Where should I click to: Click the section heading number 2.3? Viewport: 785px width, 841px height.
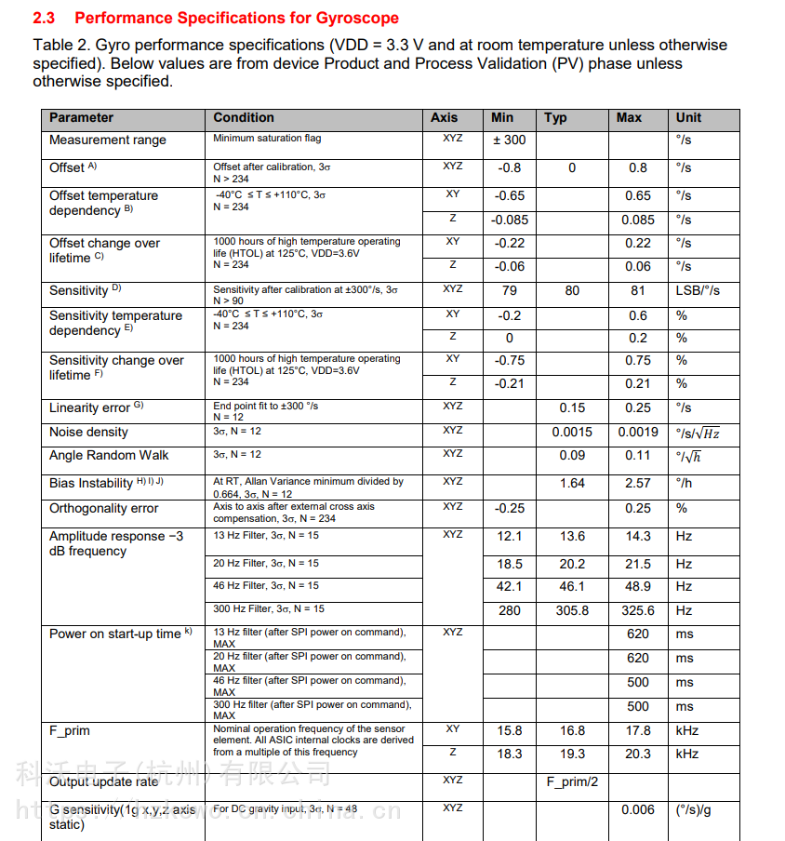click(45, 18)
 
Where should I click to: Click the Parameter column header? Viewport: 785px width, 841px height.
click(81, 118)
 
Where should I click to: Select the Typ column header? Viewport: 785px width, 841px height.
click(555, 118)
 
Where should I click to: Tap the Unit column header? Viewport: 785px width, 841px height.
click(688, 118)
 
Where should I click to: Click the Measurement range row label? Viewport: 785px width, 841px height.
click(107, 140)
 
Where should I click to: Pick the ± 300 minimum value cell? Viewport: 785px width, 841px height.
click(509, 140)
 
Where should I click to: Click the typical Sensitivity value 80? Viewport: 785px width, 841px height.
click(572, 291)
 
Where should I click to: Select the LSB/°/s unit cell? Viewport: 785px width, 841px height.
click(698, 291)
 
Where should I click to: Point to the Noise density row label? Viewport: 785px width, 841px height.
click(88, 433)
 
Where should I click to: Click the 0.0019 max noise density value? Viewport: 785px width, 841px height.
click(638, 433)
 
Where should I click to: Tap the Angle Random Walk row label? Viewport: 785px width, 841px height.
click(109, 456)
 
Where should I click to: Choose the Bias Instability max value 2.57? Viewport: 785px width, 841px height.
click(638, 484)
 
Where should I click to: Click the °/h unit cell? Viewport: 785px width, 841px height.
click(685, 484)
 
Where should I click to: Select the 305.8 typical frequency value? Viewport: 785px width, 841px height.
click(572, 611)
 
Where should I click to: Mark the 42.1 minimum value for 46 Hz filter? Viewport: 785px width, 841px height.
click(510, 587)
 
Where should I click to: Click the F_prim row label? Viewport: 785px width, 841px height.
click(70, 731)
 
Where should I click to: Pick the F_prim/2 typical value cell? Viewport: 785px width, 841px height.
click(572, 782)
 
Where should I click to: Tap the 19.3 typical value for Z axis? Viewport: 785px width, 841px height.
click(572, 754)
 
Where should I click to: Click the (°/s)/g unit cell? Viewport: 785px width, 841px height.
click(693, 810)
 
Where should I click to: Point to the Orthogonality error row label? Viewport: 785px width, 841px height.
click(103, 509)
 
